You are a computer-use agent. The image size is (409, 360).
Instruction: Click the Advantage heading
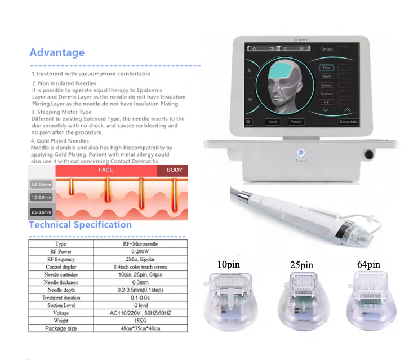(x=57, y=52)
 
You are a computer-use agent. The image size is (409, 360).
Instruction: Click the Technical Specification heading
(x=81, y=224)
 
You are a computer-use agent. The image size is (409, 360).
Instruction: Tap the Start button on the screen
(x=273, y=122)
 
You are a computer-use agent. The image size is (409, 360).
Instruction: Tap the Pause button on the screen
(x=296, y=122)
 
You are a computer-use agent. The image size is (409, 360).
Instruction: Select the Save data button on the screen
(x=348, y=122)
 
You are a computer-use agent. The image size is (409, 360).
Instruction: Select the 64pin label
(x=368, y=264)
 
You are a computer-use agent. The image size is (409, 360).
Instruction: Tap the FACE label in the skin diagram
(x=105, y=170)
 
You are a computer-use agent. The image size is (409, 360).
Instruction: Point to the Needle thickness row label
(x=60, y=282)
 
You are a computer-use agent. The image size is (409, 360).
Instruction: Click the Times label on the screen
(x=327, y=49)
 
